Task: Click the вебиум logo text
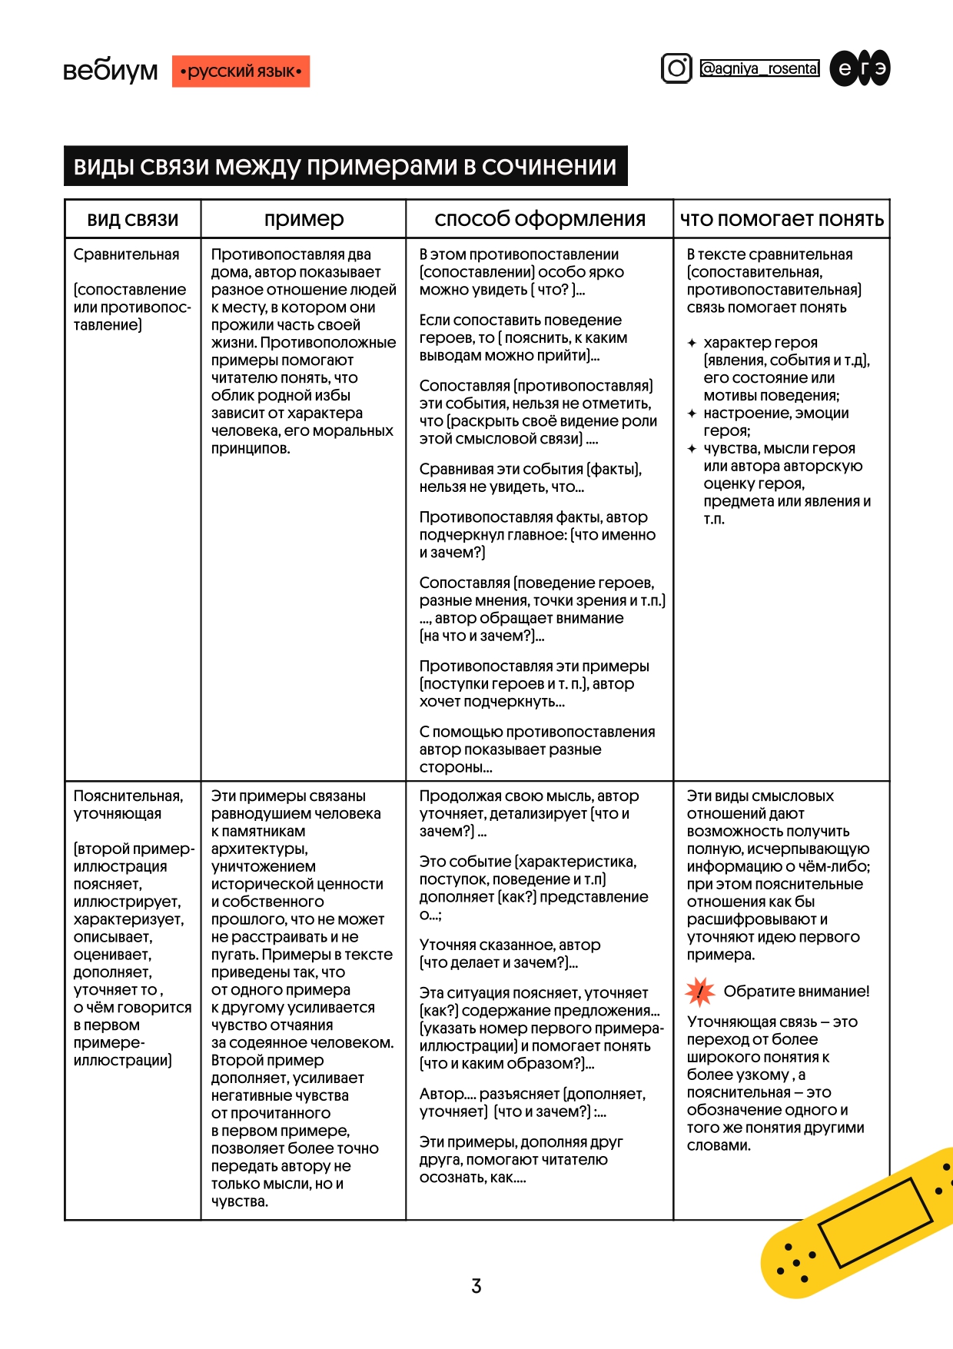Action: pyautogui.click(x=110, y=71)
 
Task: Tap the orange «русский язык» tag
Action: pyautogui.click(x=241, y=71)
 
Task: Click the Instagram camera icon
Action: pyautogui.click(x=676, y=68)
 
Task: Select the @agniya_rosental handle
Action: pyautogui.click(x=759, y=68)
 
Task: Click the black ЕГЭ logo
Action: pyautogui.click(x=860, y=68)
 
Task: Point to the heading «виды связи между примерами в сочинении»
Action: pyautogui.click(x=345, y=166)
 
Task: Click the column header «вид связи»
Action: pyautogui.click(x=132, y=220)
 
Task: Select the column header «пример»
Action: pyautogui.click(x=304, y=219)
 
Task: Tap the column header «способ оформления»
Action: pyautogui.click(x=540, y=219)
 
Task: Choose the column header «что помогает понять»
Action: pyautogui.click(x=782, y=220)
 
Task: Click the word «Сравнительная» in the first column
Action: pyautogui.click(x=126, y=254)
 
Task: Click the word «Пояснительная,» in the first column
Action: pyautogui.click(x=128, y=796)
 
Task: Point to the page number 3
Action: pyautogui.click(x=476, y=1285)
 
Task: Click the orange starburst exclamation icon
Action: pyautogui.click(x=699, y=992)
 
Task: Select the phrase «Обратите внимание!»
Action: pyautogui.click(x=796, y=992)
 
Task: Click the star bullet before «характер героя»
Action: pyautogui.click(x=692, y=343)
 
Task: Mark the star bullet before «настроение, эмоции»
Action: pyautogui.click(x=692, y=414)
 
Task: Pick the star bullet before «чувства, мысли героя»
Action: pyautogui.click(x=692, y=449)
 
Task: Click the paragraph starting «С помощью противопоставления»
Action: pyautogui.click(x=536, y=749)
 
